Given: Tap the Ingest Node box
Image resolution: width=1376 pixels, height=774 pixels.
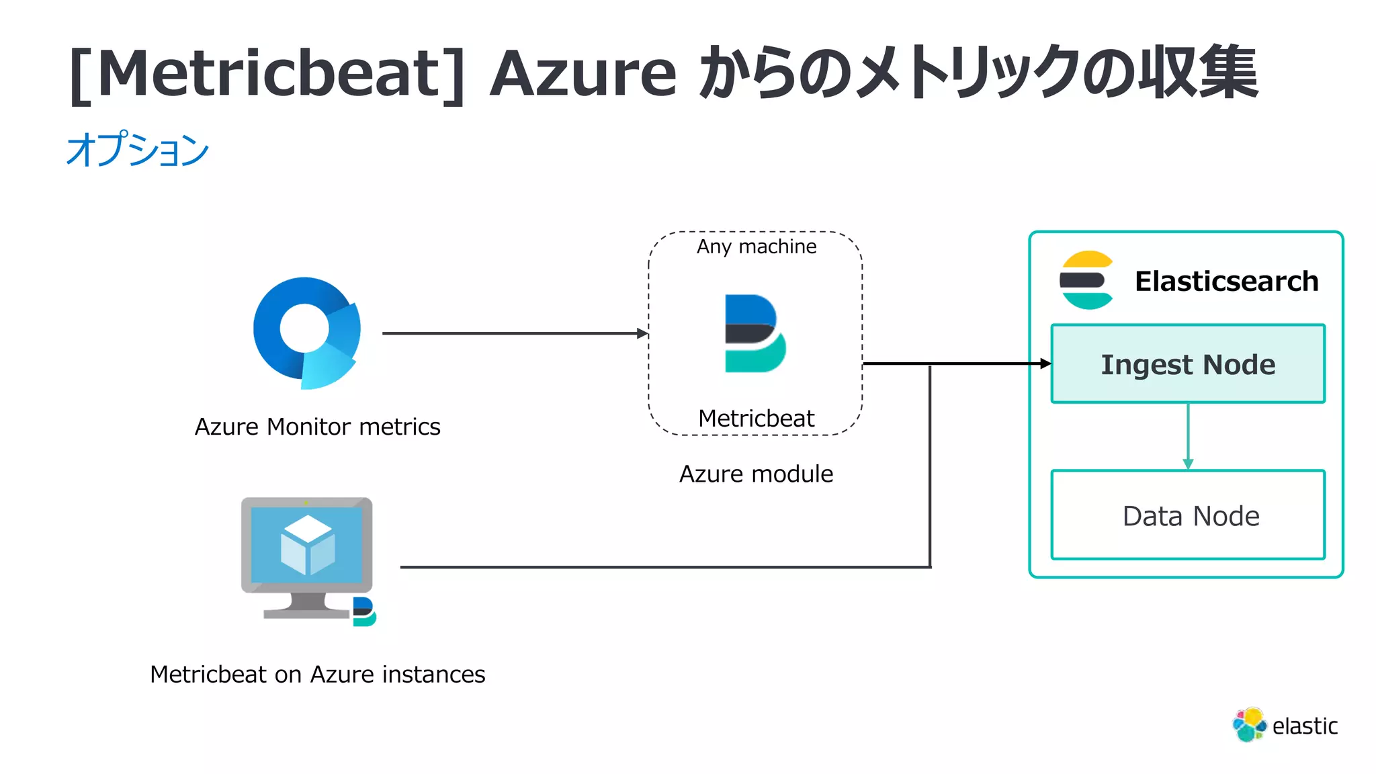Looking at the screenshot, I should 1188,364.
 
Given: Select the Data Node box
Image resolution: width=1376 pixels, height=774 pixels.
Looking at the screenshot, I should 1188,515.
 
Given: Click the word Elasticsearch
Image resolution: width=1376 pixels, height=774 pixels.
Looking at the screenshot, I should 1226,281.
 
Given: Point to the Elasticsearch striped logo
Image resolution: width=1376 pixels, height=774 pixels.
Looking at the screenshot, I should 1086,280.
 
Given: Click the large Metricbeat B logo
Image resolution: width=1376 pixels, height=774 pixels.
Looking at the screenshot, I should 754,333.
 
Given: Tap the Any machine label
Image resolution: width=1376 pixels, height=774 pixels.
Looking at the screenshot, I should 757,247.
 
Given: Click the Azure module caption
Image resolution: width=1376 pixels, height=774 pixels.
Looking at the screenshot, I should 756,474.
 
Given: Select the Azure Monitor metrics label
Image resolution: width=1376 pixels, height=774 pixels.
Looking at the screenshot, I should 317,427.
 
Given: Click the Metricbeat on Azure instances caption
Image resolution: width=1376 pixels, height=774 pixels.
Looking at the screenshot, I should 317,674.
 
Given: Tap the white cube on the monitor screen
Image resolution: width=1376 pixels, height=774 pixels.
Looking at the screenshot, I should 307,544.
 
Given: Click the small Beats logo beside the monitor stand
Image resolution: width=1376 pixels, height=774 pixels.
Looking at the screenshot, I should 363,611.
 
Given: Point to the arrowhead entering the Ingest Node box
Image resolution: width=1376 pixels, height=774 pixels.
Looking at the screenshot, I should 1045,363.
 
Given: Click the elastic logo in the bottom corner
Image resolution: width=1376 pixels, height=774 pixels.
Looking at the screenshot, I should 1285,726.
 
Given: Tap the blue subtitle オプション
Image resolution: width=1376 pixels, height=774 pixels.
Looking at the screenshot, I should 138,149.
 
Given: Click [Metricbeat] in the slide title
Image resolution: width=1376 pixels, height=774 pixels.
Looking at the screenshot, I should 267,74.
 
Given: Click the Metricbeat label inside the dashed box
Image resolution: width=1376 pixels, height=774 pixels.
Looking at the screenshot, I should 756,419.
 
